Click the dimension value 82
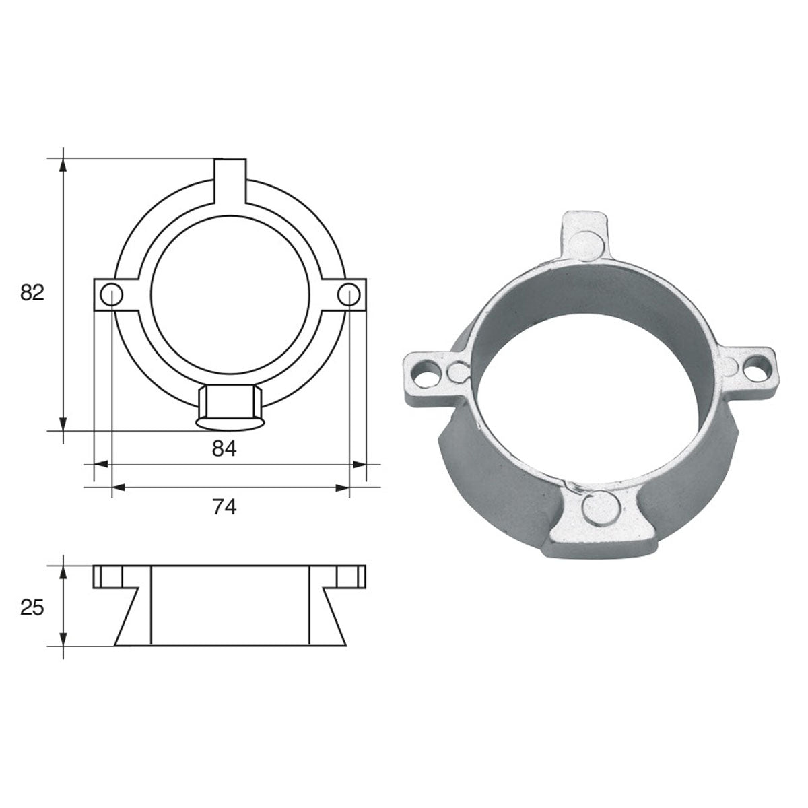31,293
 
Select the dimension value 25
31,608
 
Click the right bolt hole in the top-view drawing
349,294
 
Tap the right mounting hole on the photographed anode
753,367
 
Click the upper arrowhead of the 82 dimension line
63,164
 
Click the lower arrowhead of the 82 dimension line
63,424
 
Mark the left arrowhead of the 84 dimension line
100,464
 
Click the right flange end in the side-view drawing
351,577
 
